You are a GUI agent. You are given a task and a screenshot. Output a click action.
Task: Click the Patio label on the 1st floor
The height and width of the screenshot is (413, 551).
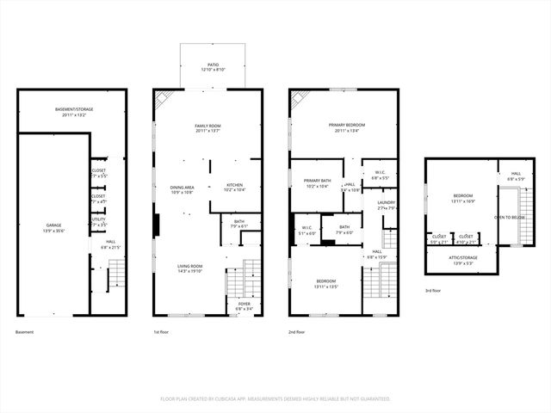(212, 65)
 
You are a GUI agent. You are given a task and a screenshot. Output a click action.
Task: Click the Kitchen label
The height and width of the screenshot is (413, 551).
(235, 187)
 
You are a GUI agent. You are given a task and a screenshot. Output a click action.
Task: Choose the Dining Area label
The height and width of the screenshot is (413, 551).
(182, 189)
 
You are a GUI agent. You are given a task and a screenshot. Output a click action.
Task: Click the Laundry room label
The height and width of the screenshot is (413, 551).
(386, 205)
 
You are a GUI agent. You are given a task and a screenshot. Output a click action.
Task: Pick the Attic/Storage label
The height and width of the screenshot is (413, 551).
(463, 258)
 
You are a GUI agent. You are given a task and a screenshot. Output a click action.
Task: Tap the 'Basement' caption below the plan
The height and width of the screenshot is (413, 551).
(25, 332)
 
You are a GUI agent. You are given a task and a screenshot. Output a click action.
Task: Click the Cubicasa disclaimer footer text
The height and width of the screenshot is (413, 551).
(275, 398)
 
